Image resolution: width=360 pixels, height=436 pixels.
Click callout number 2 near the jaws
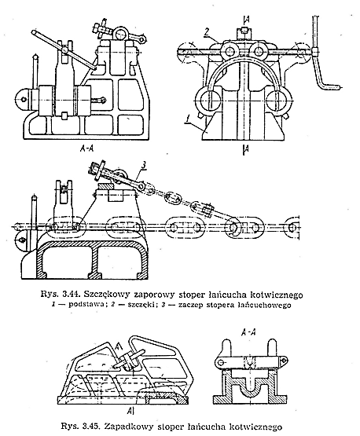click(207, 32)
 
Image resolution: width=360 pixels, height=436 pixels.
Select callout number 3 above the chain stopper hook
click(143, 165)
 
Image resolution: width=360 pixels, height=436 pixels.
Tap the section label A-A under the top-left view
click(86, 148)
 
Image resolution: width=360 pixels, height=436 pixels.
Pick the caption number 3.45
click(94, 427)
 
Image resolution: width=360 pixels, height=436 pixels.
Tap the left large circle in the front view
click(208, 100)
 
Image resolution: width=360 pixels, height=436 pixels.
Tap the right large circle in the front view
click(279, 100)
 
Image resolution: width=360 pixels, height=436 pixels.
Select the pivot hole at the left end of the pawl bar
click(221, 362)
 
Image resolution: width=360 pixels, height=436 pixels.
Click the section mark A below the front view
click(246, 150)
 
